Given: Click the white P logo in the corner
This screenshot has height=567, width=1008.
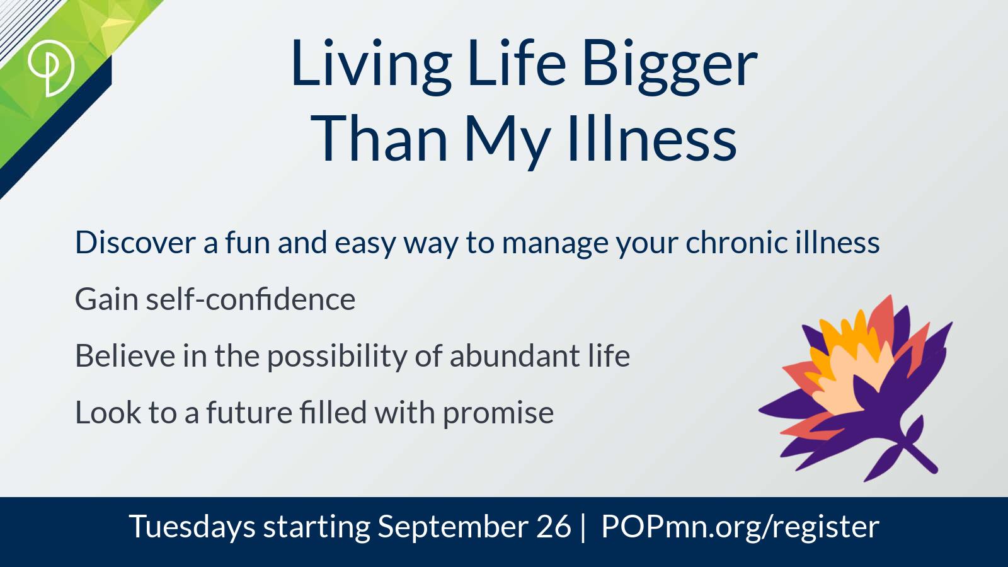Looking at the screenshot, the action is (x=50, y=68).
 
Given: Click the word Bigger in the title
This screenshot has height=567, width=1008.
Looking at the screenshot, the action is (x=670, y=66).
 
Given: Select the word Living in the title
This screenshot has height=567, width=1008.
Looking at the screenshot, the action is (x=371, y=66).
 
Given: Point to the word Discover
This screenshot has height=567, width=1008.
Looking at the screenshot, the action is (x=135, y=243).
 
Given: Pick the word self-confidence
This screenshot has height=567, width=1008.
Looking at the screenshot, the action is (x=251, y=299).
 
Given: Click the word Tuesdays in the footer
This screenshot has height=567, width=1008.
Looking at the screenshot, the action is (x=192, y=527).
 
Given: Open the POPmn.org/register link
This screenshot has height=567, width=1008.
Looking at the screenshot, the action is (x=740, y=527).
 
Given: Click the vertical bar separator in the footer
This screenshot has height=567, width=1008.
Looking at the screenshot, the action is (x=583, y=527).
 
